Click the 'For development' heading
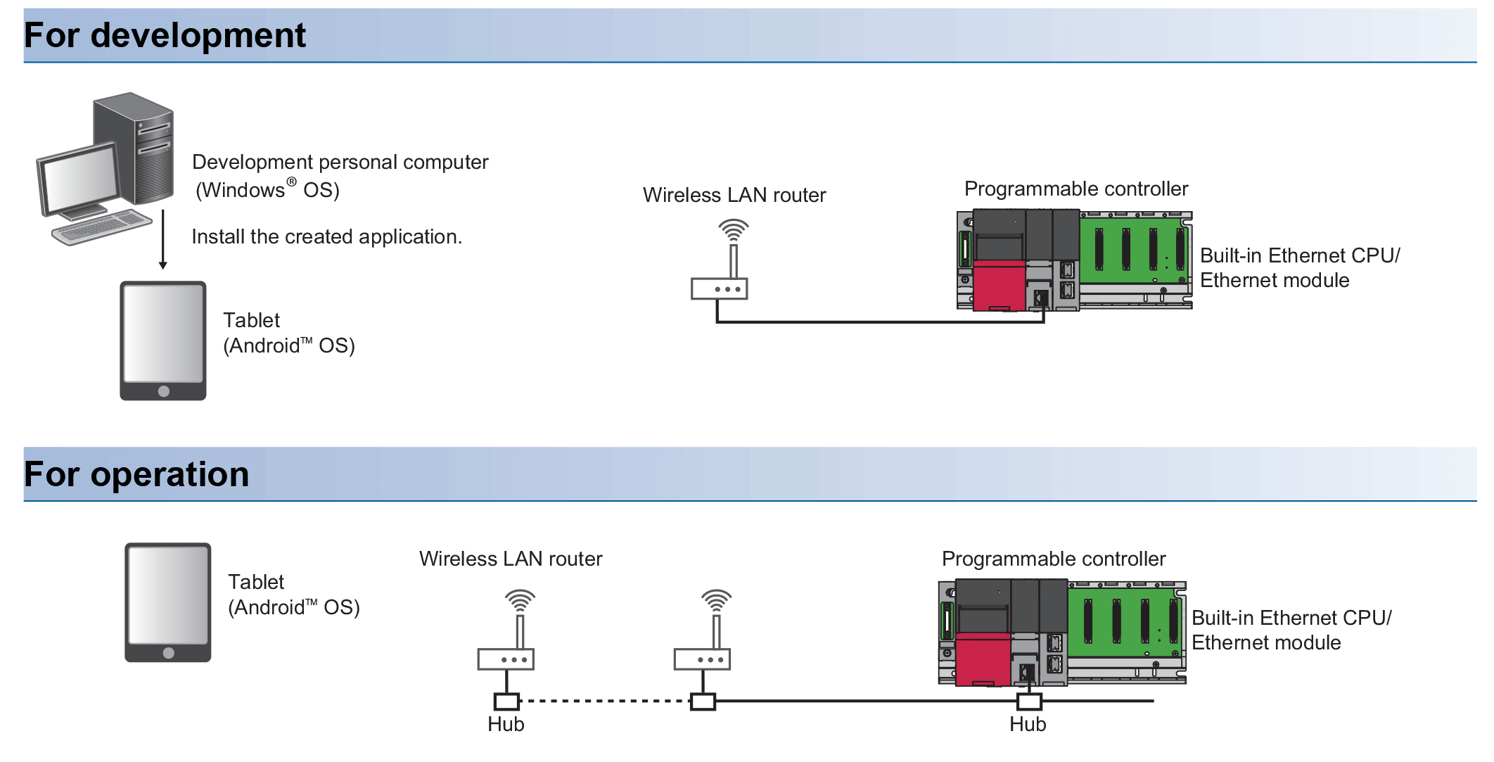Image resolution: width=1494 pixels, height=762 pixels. (165, 35)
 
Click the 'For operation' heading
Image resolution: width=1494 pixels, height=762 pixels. (136, 474)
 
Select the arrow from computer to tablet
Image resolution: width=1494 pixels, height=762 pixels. (162, 240)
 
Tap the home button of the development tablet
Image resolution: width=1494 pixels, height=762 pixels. (164, 391)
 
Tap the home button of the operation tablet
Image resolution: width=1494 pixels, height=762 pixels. (168, 653)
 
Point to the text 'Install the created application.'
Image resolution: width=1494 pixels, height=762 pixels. (326, 237)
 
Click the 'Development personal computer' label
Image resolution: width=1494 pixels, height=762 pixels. (340, 163)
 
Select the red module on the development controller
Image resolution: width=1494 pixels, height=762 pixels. (999, 285)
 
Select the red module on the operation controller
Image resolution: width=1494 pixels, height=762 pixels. (983, 658)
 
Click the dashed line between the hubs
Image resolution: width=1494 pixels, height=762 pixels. (605, 701)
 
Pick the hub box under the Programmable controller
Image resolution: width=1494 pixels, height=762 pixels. (1029, 701)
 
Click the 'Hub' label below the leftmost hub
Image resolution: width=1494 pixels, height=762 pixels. (506, 725)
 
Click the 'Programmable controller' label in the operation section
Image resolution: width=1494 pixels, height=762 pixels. (1053, 559)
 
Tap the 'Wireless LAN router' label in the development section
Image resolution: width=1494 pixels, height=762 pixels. (734, 196)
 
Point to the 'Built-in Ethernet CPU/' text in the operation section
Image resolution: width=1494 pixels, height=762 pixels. (1291, 618)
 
